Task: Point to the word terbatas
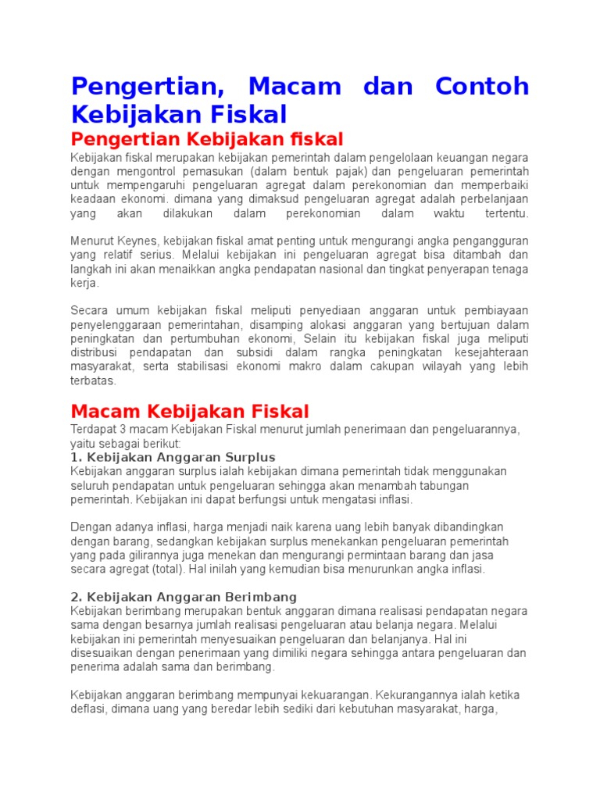(x=93, y=380)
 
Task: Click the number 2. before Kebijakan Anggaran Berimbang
(x=76, y=597)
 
